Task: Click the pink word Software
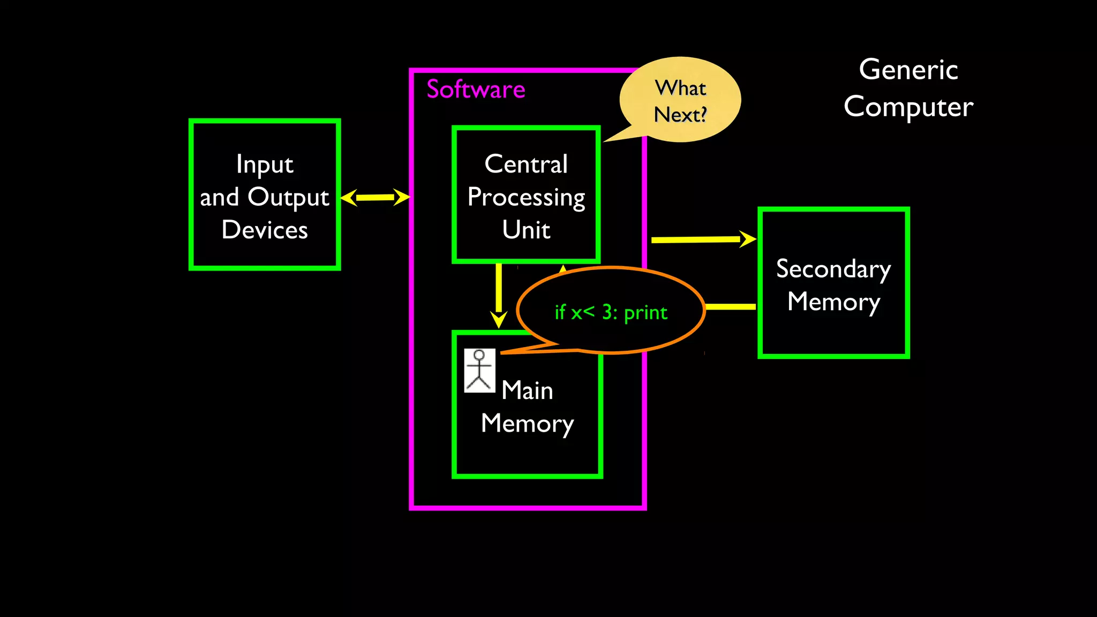[476, 89]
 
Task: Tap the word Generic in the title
[908, 70]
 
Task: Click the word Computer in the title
[908, 107]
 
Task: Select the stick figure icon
[479, 371]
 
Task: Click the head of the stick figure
[479, 355]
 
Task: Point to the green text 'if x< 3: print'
[611, 312]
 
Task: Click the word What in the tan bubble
[680, 88]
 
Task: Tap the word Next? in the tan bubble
[680, 115]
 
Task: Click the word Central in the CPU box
[526, 164]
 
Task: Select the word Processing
[526, 198]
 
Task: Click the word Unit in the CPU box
[526, 230]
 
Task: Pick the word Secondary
[833, 269]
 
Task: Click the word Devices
[265, 230]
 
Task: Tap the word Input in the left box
[265, 164]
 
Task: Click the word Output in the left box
[288, 198]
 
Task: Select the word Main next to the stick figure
[527, 390]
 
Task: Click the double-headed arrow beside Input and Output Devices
[375, 197]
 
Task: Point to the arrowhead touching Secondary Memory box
[748, 239]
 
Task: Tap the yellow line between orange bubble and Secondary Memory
[731, 307]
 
